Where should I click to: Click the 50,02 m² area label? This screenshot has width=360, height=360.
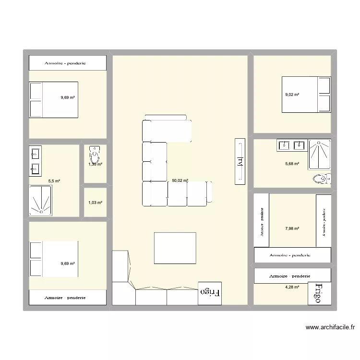(180, 181)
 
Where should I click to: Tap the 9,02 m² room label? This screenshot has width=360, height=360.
(292, 95)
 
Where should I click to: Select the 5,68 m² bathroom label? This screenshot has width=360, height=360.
(292, 164)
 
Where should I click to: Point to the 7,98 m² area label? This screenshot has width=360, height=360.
(292, 228)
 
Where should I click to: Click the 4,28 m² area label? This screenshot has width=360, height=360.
(292, 287)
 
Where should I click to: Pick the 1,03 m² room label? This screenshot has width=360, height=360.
(95, 203)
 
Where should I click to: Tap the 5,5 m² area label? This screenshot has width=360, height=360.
(54, 181)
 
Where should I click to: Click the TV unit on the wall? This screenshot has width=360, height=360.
(240, 161)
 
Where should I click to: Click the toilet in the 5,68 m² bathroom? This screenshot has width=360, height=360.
(321, 179)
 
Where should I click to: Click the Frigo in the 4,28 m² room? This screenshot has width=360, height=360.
(319, 292)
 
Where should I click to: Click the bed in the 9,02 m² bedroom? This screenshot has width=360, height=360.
(306, 95)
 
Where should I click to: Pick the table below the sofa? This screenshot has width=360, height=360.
(175, 248)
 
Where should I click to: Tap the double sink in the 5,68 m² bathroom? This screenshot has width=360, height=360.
(292, 144)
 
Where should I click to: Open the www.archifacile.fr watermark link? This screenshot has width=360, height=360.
(330, 328)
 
